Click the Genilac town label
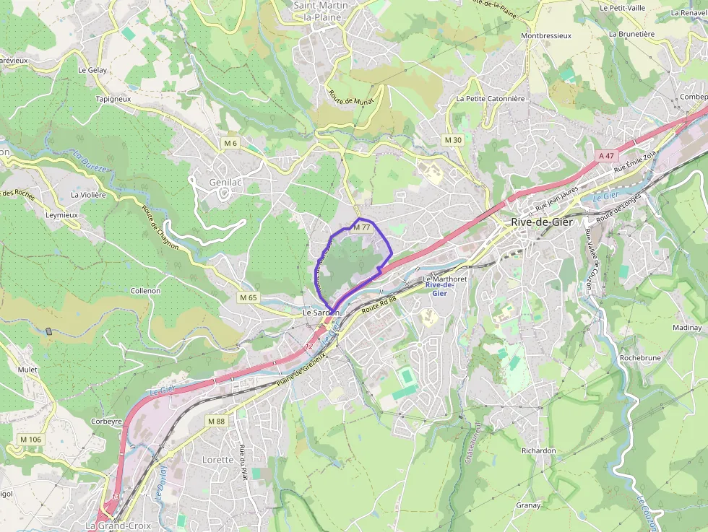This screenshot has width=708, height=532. (225, 183)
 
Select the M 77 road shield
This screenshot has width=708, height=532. (361, 227)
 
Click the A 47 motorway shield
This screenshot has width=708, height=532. (606, 156)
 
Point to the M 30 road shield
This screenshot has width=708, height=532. (453, 139)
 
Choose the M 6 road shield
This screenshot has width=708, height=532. (230, 143)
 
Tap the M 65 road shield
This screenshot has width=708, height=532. (248, 297)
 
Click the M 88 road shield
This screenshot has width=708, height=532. (216, 421)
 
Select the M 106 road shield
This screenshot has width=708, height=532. (31, 440)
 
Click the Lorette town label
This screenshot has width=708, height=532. (217, 460)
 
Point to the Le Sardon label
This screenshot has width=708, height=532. (320, 313)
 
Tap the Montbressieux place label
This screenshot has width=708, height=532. (546, 35)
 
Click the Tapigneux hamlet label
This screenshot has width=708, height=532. (112, 98)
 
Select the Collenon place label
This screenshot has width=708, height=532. (145, 290)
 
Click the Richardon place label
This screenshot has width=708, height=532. (539, 450)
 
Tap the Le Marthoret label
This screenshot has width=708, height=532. (445, 279)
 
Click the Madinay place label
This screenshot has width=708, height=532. (686, 327)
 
